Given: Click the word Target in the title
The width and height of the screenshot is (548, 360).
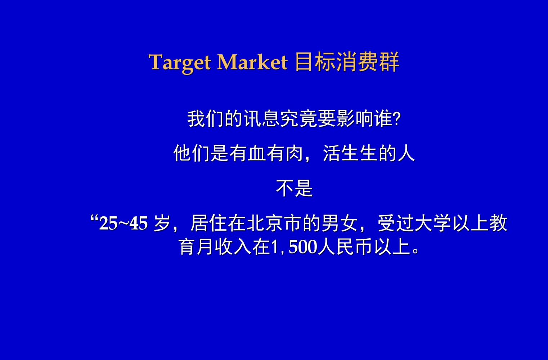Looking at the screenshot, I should [x=180, y=62].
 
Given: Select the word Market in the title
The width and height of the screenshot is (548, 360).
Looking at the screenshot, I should [x=252, y=62].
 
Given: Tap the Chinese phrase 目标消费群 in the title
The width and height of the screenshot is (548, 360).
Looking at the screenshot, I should [x=347, y=62].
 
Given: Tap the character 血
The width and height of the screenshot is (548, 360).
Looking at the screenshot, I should [x=257, y=153].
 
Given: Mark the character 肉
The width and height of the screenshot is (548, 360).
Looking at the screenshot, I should [x=295, y=153].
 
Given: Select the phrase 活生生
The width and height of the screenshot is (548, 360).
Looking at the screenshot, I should [x=350, y=153].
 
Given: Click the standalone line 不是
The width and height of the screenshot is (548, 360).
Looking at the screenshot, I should [x=295, y=188].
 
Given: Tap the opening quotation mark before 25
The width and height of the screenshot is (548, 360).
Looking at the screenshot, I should [x=94, y=219].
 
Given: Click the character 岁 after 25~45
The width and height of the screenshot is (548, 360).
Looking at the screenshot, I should [x=162, y=224].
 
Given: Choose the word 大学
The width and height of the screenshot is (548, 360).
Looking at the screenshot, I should [x=433, y=224].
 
